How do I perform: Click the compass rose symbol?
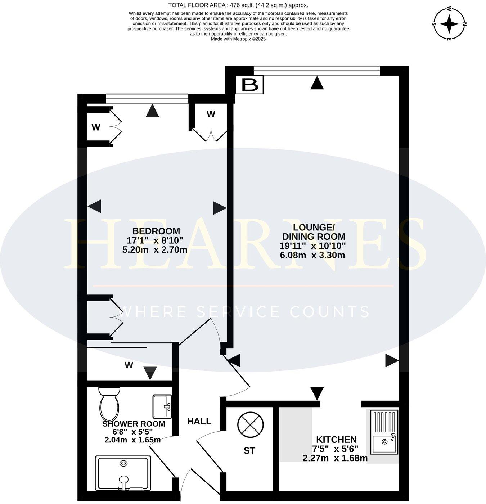pos(449,24)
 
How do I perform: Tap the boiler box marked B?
pos(249,85)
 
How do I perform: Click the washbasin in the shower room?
pos(162,406)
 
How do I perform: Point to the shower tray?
pos(123,473)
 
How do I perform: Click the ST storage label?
pos(249,451)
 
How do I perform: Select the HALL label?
pos(199,421)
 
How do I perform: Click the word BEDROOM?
pos(156,231)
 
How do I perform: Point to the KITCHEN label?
pos(336,440)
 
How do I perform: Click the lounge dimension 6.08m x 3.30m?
pos(312,255)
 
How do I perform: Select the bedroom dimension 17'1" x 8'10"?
pos(155,240)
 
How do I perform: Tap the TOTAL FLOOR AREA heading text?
pos(238,5)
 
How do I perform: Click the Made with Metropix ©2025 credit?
pos(238,39)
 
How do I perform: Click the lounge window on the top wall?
pos(316,71)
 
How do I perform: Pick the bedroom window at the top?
pos(147,99)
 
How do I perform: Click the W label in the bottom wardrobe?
pos(129,365)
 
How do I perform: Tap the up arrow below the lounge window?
pos(317,83)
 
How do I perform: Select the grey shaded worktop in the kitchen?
pos(296,435)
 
